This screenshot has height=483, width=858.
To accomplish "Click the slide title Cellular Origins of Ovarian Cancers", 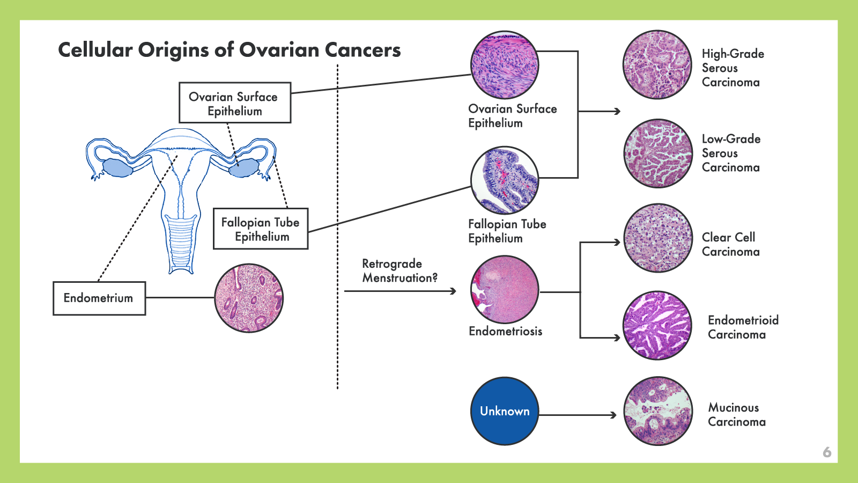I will point(229,50).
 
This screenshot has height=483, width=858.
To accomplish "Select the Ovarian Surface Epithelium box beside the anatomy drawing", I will point(235,103).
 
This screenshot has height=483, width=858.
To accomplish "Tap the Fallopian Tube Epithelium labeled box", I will point(261,229).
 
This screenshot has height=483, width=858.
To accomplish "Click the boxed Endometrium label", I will point(99,298).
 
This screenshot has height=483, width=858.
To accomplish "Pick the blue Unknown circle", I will point(505,411).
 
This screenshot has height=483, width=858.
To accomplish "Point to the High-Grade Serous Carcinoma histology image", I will point(657,64).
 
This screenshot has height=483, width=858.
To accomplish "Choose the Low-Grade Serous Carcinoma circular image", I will point(657,153).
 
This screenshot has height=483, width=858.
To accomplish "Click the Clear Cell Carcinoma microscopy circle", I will point(657,238).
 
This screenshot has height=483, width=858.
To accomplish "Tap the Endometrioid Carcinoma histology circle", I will point(657,325).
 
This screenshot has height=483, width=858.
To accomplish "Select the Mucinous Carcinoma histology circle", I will point(657,411).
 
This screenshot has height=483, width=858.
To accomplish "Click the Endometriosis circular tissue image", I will point(505,289).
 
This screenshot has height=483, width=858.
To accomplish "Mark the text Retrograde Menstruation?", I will point(400,270).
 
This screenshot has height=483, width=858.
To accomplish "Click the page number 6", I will point(827,452).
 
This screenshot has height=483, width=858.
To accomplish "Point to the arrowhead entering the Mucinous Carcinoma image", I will point(614,415).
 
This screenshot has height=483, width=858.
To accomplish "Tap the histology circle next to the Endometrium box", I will point(249,298).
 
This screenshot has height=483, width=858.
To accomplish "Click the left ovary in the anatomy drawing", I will point(117,169).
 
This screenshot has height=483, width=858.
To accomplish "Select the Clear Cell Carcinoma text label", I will point(730,244).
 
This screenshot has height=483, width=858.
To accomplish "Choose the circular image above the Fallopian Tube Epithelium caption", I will point(505,180).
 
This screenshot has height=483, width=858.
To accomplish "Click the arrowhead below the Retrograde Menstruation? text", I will point(454,291).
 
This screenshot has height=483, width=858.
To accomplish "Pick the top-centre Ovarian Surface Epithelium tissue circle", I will point(505,64).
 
